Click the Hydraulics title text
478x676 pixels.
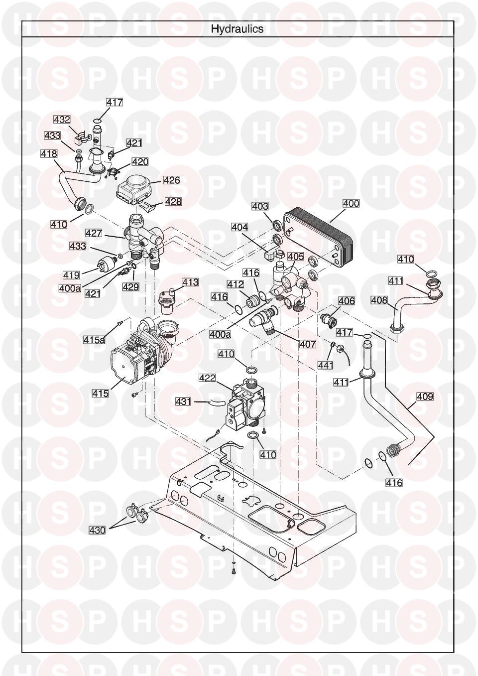pyautogui.click(x=237, y=29)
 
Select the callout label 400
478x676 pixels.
pyautogui.click(x=351, y=203)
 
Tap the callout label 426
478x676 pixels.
pyautogui.click(x=172, y=180)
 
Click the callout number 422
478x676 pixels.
pyautogui.click(x=207, y=378)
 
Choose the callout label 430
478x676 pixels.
pyautogui.click(x=97, y=530)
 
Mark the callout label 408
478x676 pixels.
pyautogui.click(x=379, y=300)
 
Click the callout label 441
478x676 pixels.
pyautogui.click(x=326, y=365)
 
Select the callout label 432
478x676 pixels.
pyautogui.click(x=62, y=120)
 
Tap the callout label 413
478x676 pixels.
pyautogui.click(x=190, y=282)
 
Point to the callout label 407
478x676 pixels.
pyautogui.click(x=308, y=344)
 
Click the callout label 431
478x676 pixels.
pyautogui.click(x=184, y=401)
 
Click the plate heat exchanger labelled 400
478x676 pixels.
pyautogui.click(x=319, y=239)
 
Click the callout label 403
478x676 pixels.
pyautogui.click(x=260, y=206)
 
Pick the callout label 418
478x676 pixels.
pyautogui.click(x=49, y=154)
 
